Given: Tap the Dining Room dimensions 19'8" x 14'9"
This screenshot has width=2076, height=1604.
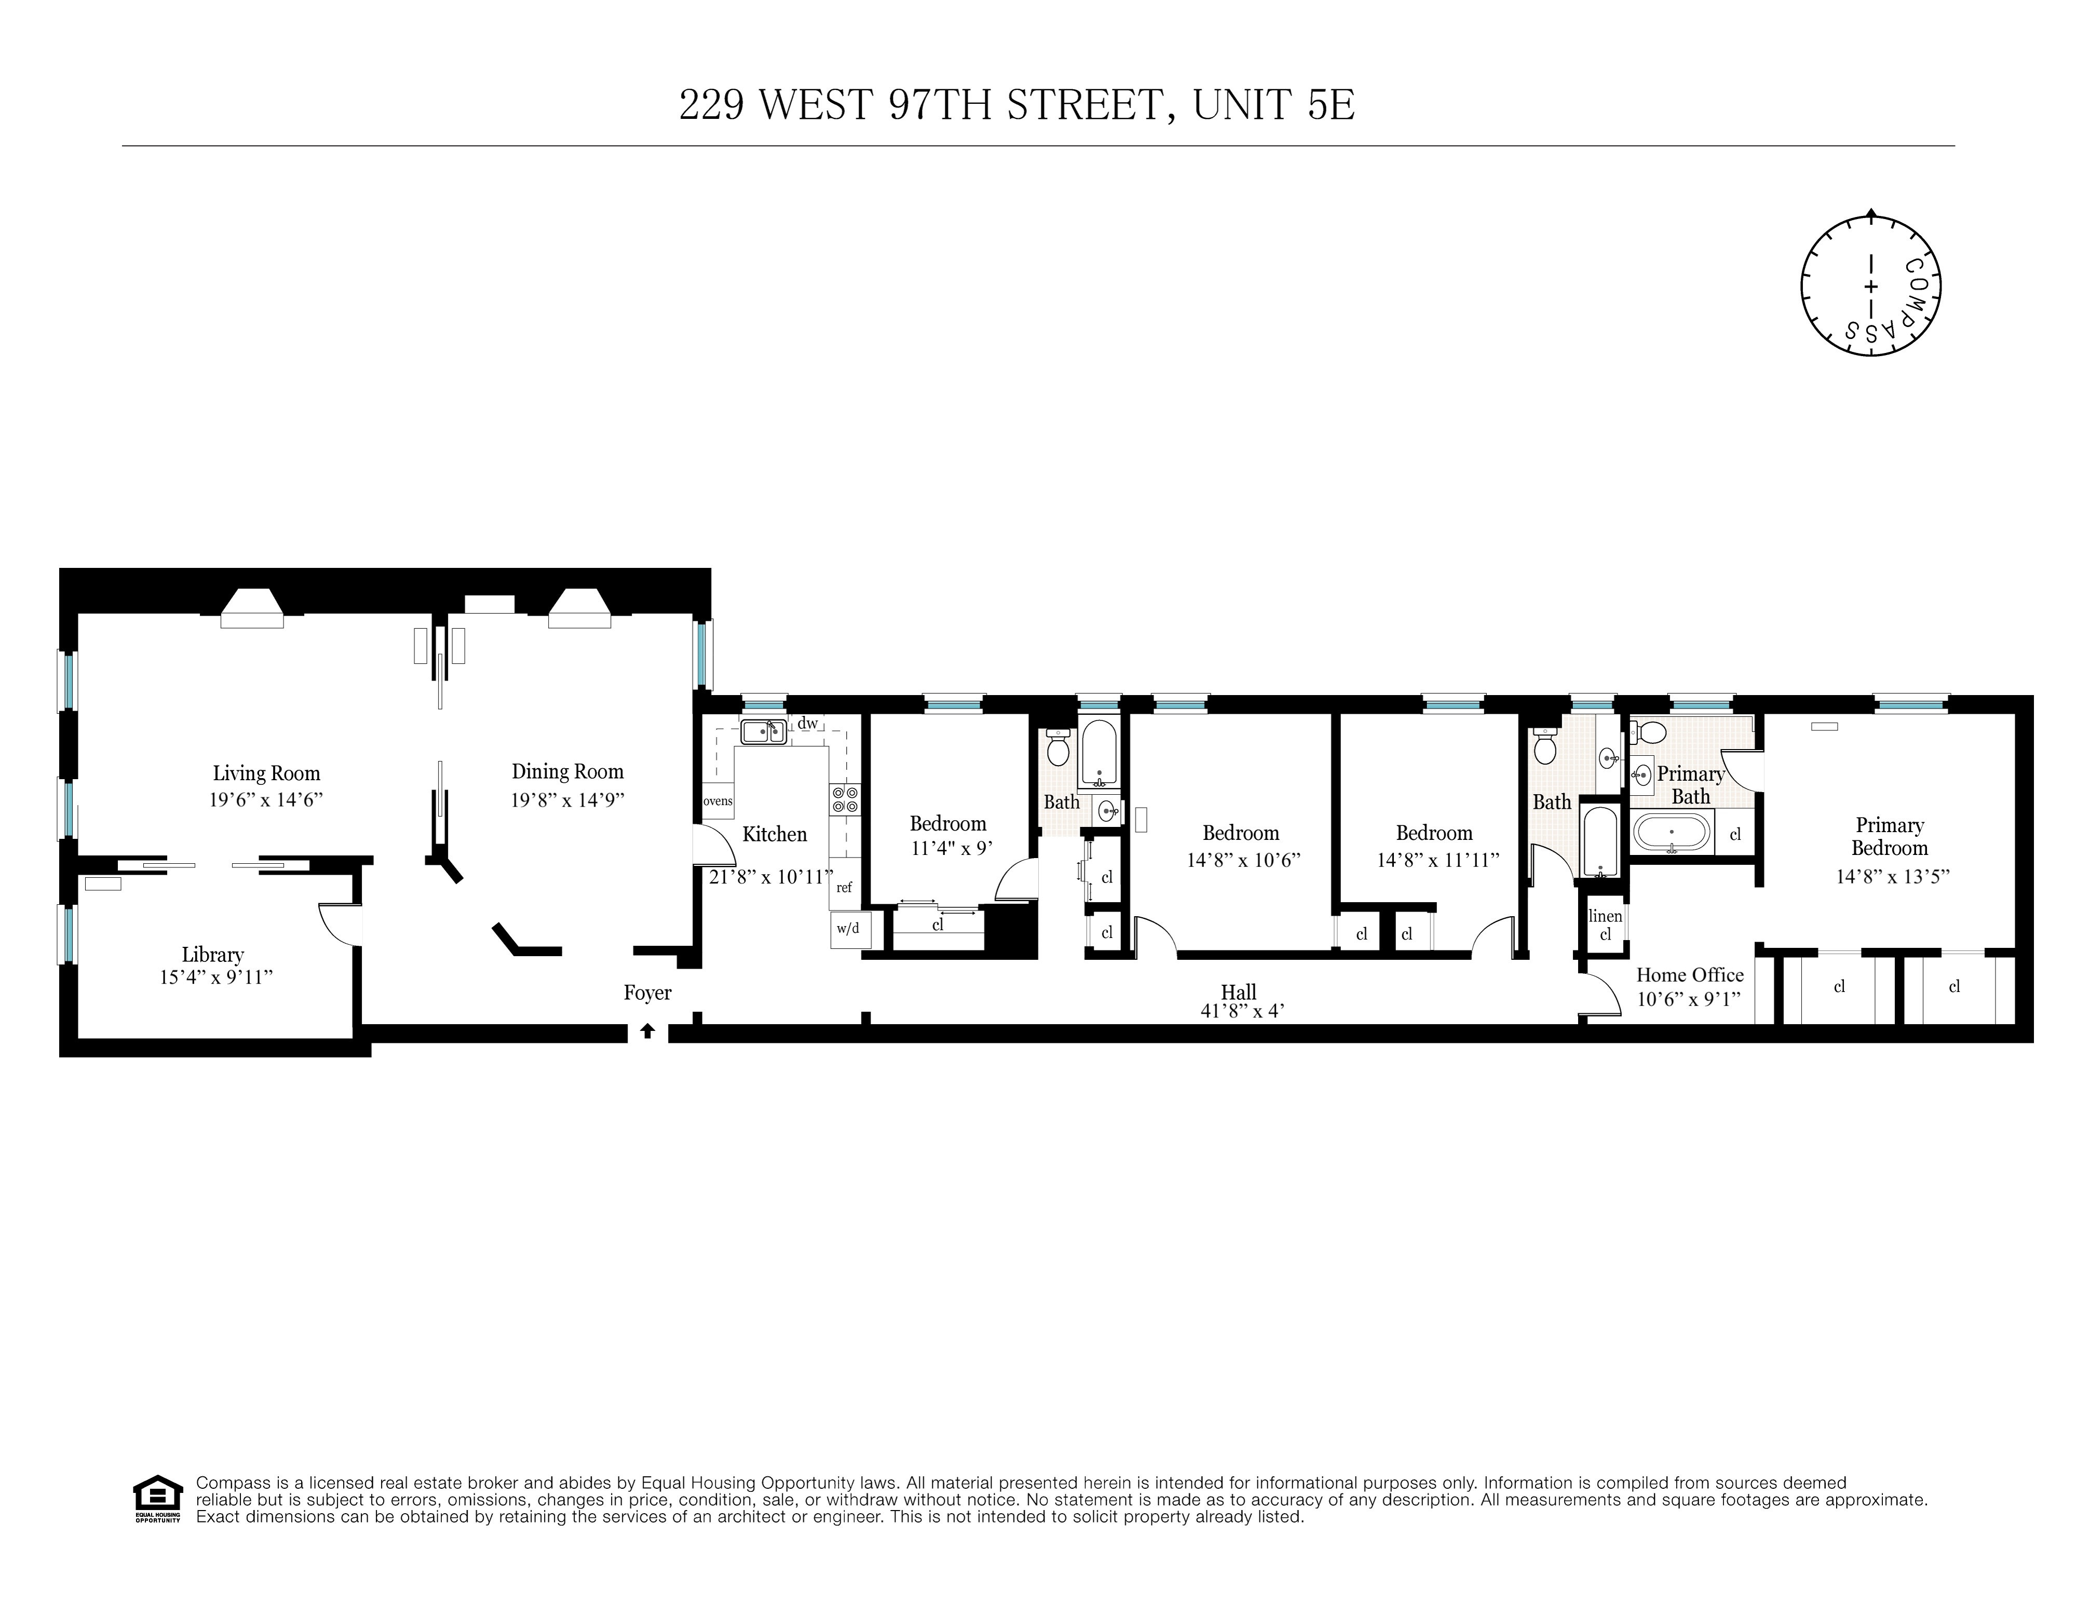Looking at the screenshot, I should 567,800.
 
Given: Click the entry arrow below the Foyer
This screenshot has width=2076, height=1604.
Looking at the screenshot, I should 647,1030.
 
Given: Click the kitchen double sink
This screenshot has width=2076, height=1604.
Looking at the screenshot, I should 763,732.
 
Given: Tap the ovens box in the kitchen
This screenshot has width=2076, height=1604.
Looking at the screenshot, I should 717,801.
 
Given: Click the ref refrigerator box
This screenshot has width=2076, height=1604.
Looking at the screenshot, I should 844,887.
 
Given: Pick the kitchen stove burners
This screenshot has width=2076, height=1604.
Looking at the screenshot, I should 844,798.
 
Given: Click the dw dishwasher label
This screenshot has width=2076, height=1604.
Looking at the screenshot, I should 807,723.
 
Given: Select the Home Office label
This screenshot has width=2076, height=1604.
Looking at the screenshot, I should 1689,975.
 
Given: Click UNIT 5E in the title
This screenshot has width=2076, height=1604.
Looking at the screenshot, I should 1274,105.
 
